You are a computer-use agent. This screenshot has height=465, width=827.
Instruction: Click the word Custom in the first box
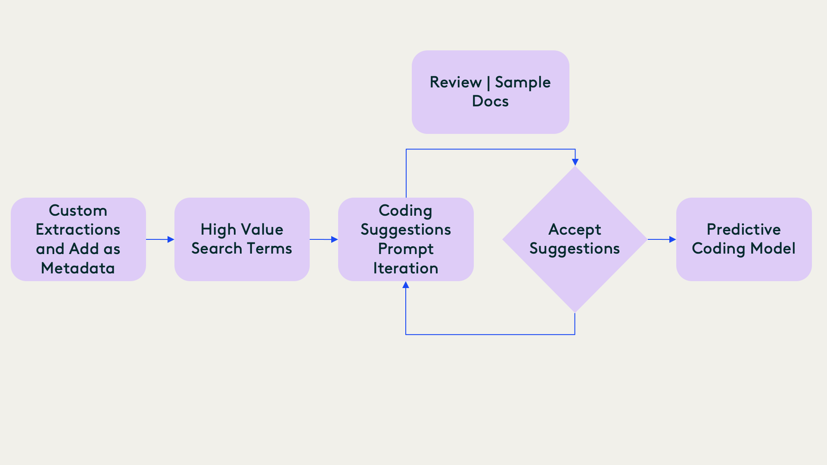point(78,211)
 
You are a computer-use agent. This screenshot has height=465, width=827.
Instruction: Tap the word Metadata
point(78,268)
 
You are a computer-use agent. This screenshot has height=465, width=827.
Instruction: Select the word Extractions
point(78,229)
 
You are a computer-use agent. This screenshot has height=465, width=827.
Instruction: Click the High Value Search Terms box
point(242,239)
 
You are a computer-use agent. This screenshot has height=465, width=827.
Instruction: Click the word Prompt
point(406,249)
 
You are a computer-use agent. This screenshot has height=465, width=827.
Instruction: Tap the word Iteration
point(406,268)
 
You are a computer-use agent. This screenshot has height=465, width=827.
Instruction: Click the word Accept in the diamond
point(575,229)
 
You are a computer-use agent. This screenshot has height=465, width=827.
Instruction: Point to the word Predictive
point(744,229)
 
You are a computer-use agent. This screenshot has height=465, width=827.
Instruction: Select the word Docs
point(490,101)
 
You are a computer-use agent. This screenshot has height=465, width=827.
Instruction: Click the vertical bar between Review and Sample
point(488,83)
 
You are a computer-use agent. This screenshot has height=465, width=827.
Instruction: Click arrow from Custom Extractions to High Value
point(160,239)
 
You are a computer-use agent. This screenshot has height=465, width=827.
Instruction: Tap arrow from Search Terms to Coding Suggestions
point(323,239)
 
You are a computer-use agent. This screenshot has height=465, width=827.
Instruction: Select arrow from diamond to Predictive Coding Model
point(662,239)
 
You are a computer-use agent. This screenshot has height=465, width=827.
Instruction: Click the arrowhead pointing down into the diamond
point(575,162)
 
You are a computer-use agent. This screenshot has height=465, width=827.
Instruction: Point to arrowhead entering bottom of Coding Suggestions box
point(406,285)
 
